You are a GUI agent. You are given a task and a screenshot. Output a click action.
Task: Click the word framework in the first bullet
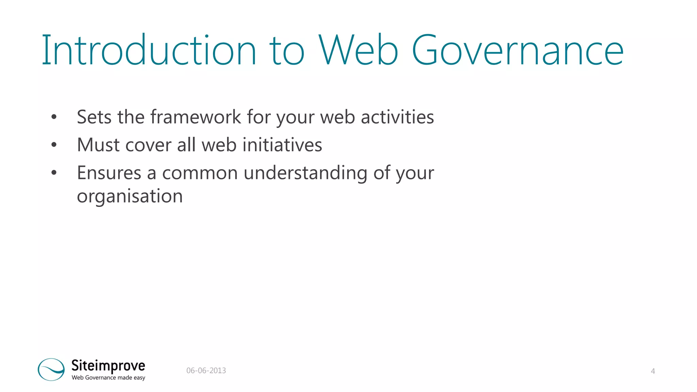tap(196, 117)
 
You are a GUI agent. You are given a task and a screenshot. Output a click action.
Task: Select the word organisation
tap(130, 197)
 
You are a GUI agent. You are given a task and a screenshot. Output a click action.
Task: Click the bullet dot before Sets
tap(54, 117)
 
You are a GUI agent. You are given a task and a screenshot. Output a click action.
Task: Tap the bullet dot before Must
tap(54, 145)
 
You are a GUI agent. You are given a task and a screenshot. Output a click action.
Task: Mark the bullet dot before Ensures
tap(54, 173)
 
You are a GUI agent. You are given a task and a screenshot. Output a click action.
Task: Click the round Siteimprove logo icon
tap(51, 369)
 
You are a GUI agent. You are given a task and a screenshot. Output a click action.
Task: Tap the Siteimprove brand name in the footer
tap(108, 366)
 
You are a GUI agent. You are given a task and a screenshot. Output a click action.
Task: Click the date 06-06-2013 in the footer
tap(206, 371)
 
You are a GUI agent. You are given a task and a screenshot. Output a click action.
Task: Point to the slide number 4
tap(652, 371)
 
